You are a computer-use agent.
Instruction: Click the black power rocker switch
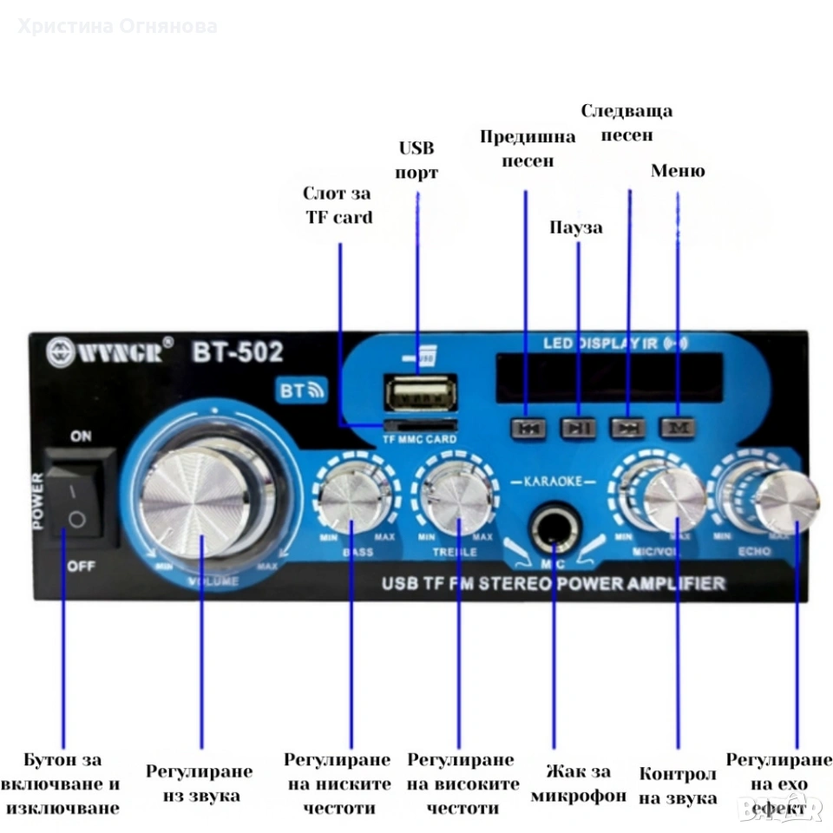pos(82,497)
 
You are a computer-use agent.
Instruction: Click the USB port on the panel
pos(423,396)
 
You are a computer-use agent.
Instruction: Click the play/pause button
pos(578,427)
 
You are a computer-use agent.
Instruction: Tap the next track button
pos(627,427)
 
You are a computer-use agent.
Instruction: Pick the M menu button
pos(677,427)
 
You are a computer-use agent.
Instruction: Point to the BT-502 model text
pos(237,352)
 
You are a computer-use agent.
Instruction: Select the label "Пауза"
pos(576,227)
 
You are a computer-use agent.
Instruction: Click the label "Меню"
pos(678,171)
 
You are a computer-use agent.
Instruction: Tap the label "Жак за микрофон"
pos(578,784)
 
